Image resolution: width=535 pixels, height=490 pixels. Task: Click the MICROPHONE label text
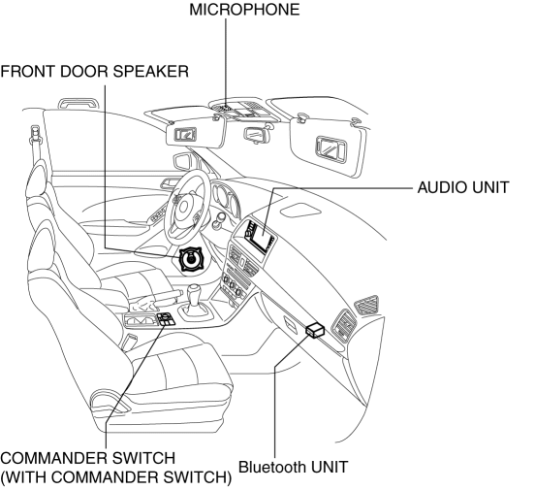coord(244,10)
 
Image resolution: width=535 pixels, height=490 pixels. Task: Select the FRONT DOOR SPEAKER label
coord(95,72)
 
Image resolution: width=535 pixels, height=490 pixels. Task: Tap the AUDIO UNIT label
coord(463,187)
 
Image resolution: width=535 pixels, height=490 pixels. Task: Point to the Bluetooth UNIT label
coord(293,467)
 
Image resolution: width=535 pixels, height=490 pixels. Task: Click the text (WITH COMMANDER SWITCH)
coord(116,477)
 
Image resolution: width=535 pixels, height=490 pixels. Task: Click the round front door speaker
coord(191,260)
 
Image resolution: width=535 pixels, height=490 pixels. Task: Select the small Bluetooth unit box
coord(315,330)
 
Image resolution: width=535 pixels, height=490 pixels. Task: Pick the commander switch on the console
coord(166,319)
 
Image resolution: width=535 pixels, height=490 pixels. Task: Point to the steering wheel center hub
coord(184,208)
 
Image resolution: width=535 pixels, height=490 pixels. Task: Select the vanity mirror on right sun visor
coord(330,147)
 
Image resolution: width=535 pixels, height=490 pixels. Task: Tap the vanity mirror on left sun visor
coord(186,134)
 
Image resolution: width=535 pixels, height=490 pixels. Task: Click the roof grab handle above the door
coord(79,103)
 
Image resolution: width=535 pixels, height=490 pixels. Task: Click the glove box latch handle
coord(291,323)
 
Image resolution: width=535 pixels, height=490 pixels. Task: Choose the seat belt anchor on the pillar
coord(36,135)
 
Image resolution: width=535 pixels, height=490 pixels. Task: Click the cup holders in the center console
coord(140,320)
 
